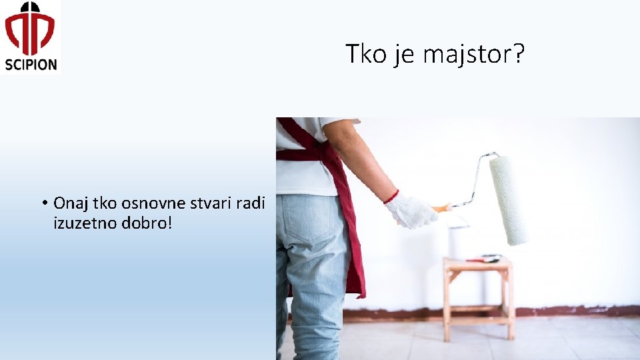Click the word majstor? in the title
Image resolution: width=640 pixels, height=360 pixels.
point(474,55)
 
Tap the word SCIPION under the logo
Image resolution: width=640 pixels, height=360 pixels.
point(31,65)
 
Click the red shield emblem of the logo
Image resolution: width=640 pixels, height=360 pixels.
point(31,29)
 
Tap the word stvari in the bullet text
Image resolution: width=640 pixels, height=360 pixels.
point(207,203)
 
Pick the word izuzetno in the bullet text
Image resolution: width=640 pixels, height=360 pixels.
point(85,223)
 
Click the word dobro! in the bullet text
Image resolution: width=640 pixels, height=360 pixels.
point(147,223)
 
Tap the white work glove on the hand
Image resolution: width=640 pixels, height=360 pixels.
point(411,211)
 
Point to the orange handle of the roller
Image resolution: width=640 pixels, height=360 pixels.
point(441,209)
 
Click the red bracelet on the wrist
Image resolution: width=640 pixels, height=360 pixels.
point(391,197)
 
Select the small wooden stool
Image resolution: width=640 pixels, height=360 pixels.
point(477,293)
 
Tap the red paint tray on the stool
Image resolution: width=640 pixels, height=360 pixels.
point(483,259)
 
